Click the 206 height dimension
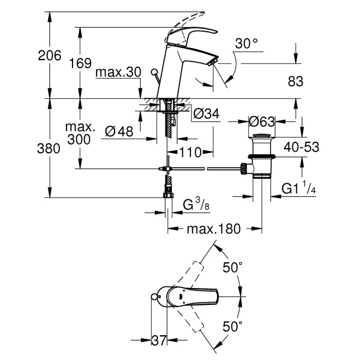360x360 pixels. pyautogui.click(x=49, y=56)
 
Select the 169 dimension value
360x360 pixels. pyautogui.click(x=80, y=63)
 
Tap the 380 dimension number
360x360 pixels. pyautogui.click(x=49, y=148)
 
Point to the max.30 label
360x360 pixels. pyautogui.click(x=118, y=73)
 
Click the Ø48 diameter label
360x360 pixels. pyautogui.click(x=119, y=131)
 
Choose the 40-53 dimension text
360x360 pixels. pyautogui.click(x=299, y=147)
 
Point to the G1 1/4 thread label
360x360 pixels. pyautogui.click(x=298, y=189)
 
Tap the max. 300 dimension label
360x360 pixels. pyautogui.click(x=79, y=133)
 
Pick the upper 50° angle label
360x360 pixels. pyautogui.click(x=232, y=267)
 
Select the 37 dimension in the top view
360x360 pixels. pyautogui.click(x=160, y=340)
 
